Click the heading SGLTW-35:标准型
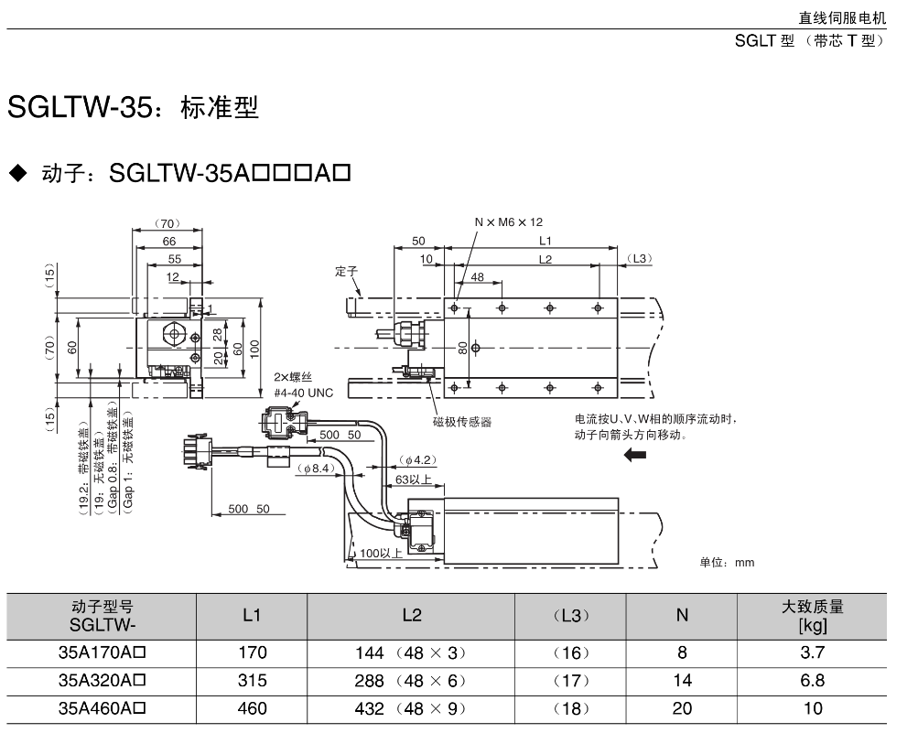point(134,108)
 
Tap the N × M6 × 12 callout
point(509,222)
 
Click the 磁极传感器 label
point(462,422)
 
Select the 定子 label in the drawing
point(345,272)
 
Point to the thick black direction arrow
point(633,456)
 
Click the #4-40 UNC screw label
point(304,393)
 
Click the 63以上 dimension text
point(414,479)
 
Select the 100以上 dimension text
point(381,554)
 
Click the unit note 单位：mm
point(727,562)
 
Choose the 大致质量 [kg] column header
point(813,616)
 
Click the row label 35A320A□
point(103,681)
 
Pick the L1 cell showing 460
point(252,708)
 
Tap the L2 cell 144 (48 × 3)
point(411,652)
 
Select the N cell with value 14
point(682,681)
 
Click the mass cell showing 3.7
point(813,652)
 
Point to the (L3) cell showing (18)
point(571,708)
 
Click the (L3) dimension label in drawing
point(640,259)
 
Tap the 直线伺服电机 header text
point(841,17)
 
